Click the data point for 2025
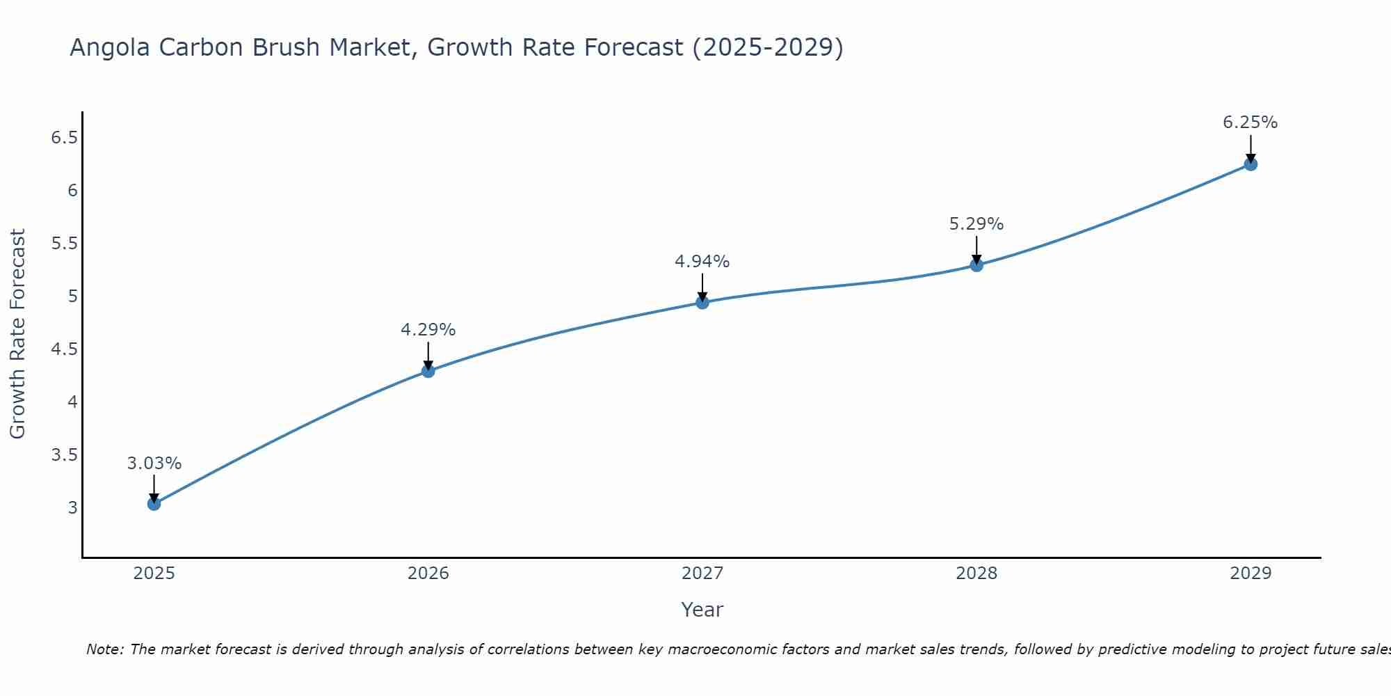(154, 503)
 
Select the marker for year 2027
(702, 302)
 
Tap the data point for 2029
(1251, 164)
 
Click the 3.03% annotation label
(154, 464)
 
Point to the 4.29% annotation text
(428, 330)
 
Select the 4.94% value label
(702, 262)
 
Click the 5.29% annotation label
(976, 224)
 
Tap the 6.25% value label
(1250, 122)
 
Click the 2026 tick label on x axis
(428, 574)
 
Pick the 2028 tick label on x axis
(976, 574)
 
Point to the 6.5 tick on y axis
(64, 138)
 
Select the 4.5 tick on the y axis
(64, 349)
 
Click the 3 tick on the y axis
(72, 507)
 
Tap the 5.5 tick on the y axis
(64, 244)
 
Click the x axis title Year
(702, 610)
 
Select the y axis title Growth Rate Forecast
(17, 334)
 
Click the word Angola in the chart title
(110, 47)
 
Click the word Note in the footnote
(104, 649)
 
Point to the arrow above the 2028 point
(976, 249)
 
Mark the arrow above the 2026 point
(428, 355)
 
